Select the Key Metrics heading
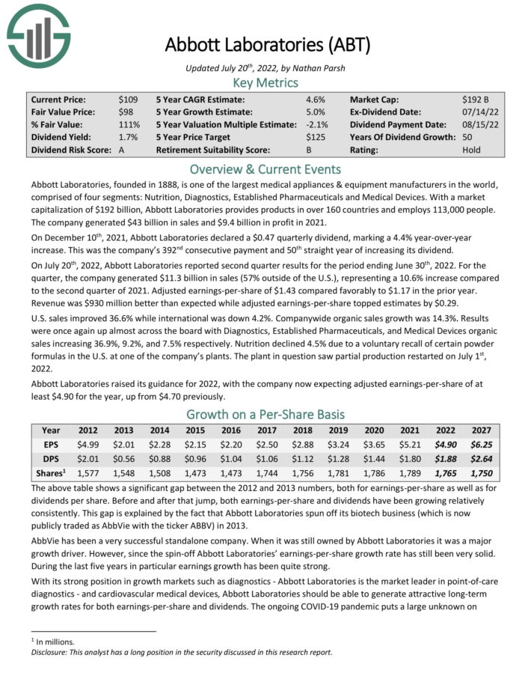click(265, 83)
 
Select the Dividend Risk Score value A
click(121, 150)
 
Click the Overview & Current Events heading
click(265, 168)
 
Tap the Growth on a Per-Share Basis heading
click(265, 415)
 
